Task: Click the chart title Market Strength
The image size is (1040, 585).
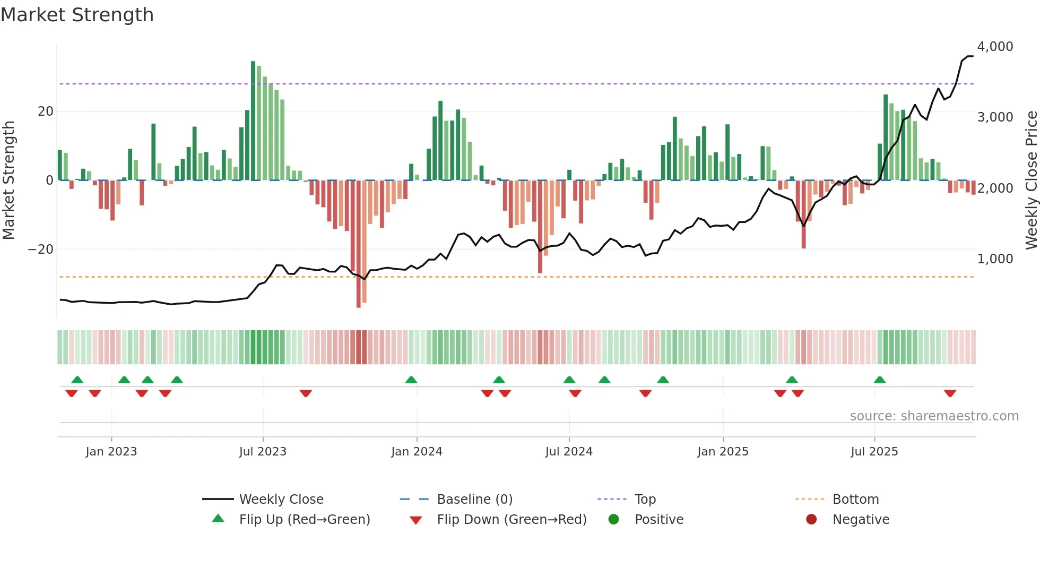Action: pos(77,15)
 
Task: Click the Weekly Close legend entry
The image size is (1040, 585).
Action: pos(281,499)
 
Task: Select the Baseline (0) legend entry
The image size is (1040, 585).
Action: pos(474,499)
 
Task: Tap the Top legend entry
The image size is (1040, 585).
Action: pos(645,499)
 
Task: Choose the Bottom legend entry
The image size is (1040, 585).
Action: pos(855,499)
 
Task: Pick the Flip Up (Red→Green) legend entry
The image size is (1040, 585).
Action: pos(304,519)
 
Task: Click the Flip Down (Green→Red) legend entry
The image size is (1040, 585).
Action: pos(512,519)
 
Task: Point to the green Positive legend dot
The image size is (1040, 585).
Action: pos(613,519)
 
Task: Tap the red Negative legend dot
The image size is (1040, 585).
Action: pos(811,519)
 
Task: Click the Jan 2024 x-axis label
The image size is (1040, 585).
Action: pos(417,451)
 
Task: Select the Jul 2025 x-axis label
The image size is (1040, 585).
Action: pos(874,451)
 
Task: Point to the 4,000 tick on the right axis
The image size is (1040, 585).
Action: pos(995,47)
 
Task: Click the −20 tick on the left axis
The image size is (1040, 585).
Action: pos(41,250)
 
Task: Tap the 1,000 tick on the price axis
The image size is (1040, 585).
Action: pos(995,259)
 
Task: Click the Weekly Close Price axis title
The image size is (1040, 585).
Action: pos(1031,180)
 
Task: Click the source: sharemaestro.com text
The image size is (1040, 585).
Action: pos(934,416)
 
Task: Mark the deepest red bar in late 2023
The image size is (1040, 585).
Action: pos(359,244)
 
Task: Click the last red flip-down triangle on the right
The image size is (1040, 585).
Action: pos(950,393)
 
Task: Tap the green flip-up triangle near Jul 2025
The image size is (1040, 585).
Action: pos(880,380)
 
